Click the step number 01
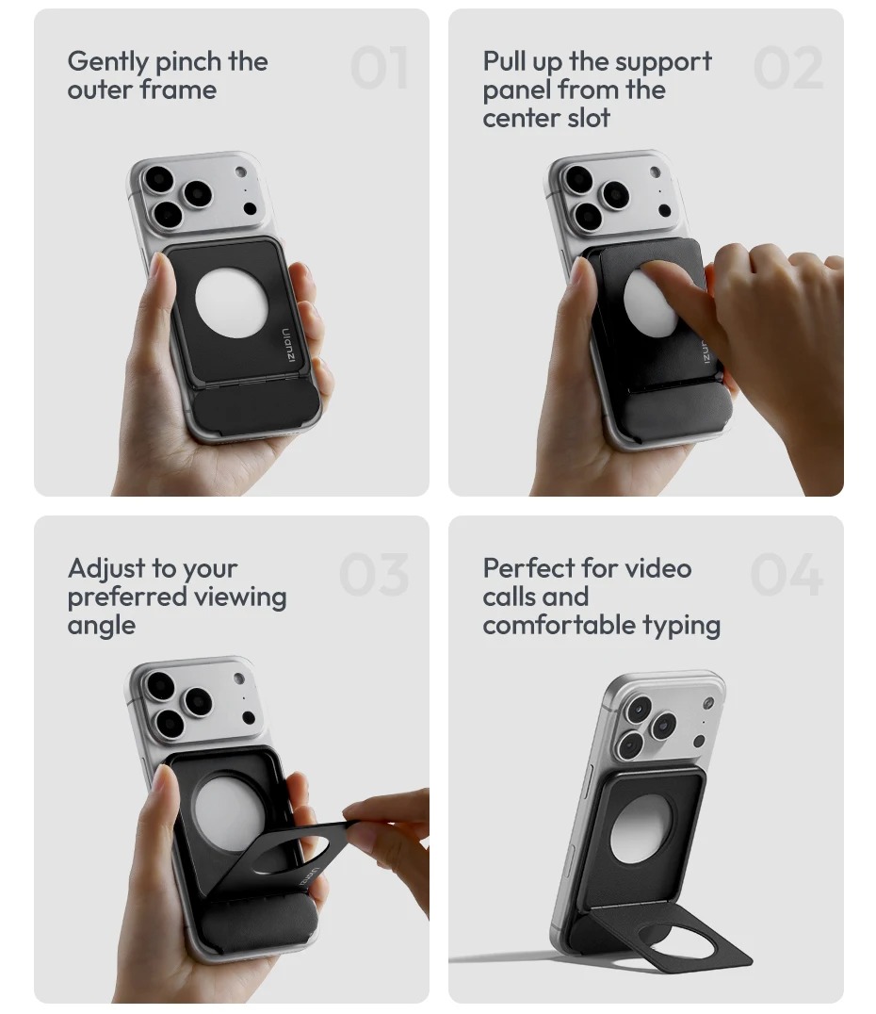[379, 68]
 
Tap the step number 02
[788, 68]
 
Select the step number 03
[374, 574]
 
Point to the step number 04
[787, 574]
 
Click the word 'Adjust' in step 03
[106, 569]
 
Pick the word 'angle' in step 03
[102, 627]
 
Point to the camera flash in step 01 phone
[240, 172]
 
